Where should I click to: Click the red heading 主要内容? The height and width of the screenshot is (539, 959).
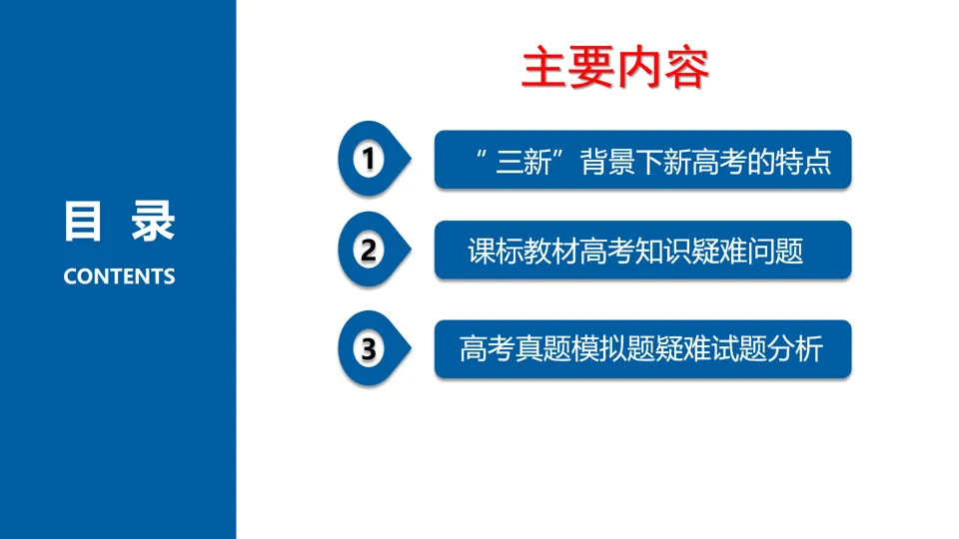(x=615, y=68)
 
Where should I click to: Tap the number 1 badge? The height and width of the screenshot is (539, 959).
(x=373, y=159)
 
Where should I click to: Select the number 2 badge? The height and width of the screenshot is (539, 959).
(x=373, y=250)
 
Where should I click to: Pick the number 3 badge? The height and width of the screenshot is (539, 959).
(x=373, y=349)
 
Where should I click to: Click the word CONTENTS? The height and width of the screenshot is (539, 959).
(x=119, y=276)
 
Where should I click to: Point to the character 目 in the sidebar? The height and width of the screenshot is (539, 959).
(x=82, y=222)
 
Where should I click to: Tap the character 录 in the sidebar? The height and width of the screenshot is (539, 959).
(x=154, y=222)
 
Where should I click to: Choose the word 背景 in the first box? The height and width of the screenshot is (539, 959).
(x=608, y=162)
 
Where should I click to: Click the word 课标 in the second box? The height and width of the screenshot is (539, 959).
(x=495, y=252)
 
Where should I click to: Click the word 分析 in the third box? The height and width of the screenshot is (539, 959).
(x=795, y=349)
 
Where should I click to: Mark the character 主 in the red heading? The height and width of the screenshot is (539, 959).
(x=543, y=68)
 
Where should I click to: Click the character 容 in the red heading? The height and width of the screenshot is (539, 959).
(x=687, y=68)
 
